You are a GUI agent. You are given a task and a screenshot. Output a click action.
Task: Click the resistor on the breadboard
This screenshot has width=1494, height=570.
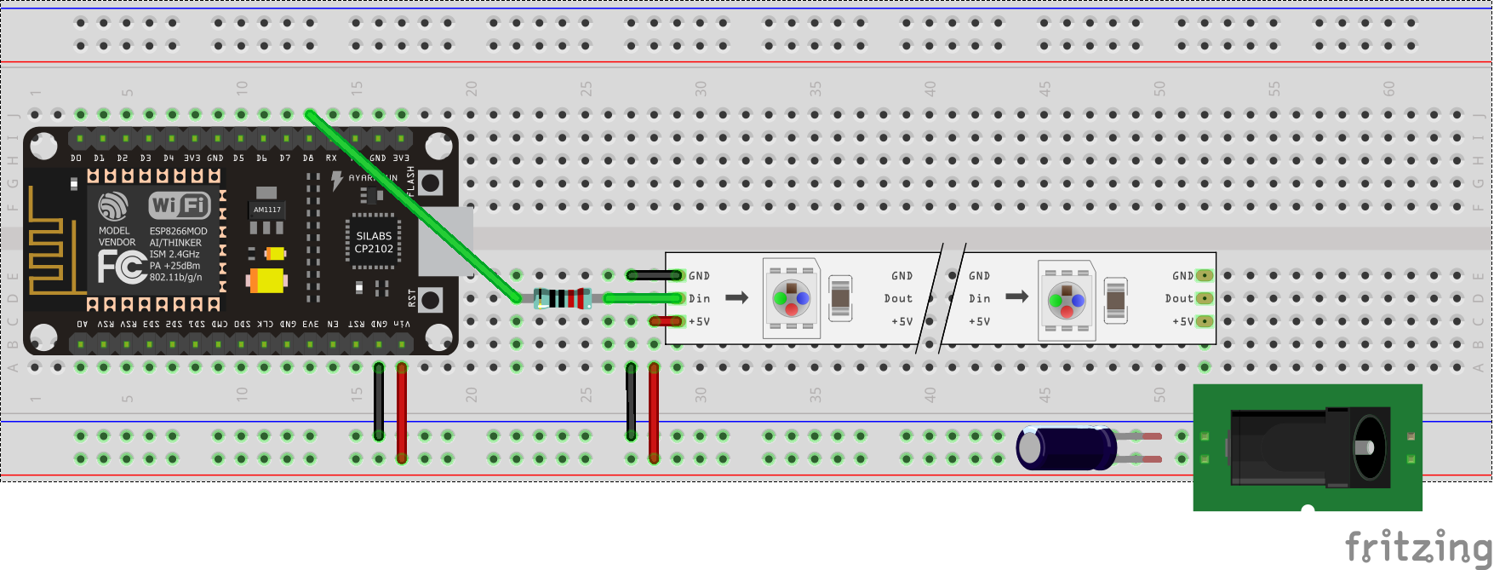coord(563,298)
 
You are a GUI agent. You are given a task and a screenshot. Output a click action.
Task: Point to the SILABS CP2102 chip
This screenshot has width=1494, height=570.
coord(374,243)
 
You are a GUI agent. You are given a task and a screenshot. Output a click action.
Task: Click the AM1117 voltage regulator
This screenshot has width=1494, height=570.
coord(266,210)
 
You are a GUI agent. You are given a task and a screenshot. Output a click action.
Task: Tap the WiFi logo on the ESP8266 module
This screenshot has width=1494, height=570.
coord(179,205)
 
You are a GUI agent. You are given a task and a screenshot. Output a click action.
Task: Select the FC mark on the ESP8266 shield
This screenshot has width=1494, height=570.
coord(120,268)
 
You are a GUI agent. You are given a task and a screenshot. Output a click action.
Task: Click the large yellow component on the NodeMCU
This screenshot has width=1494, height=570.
coord(266,279)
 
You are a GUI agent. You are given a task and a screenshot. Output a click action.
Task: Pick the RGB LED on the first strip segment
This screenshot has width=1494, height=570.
coord(791,298)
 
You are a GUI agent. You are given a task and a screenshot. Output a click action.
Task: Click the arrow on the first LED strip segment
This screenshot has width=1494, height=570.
coord(736,297)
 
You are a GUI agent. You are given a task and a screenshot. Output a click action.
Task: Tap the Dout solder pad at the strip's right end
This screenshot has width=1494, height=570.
coord(1204,298)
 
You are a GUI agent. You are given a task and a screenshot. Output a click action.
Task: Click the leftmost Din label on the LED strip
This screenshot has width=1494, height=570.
coord(700,298)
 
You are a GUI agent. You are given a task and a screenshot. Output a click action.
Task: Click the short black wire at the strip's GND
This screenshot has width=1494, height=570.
coord(654,275)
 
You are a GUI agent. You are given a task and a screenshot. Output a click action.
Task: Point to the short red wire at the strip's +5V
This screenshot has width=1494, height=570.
coord(665,321)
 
